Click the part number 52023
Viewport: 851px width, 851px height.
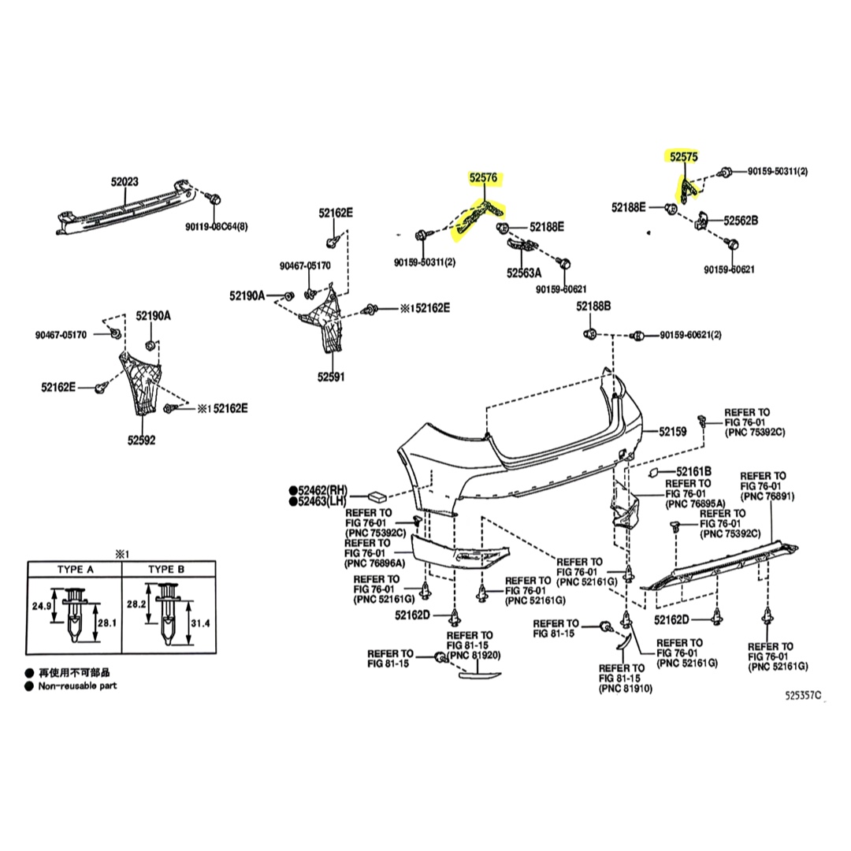click(124, 181)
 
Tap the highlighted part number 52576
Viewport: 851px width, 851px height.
click(484, 177)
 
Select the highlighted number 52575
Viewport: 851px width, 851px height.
click(683, 156)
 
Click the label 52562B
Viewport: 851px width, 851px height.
click(741, 221)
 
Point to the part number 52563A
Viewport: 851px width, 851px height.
click(524, 273)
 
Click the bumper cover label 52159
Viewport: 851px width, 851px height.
click(673, 432)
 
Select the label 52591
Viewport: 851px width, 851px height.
click(331, 377)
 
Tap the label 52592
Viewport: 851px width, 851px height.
click(141, 440)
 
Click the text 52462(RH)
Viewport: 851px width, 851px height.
click(321, 491)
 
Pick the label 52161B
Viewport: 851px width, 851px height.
click(693, 472)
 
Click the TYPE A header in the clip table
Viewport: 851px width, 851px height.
click(76, 570)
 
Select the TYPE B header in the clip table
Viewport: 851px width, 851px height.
click(166, 570)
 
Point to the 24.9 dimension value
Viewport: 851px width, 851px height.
click(41, 606)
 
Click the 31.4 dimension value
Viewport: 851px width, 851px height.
click(200, 623)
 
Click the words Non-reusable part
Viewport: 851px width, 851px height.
click(77, 686)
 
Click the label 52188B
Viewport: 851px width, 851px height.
click(593, 307)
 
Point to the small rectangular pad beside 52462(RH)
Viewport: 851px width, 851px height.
click(377, 496)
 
